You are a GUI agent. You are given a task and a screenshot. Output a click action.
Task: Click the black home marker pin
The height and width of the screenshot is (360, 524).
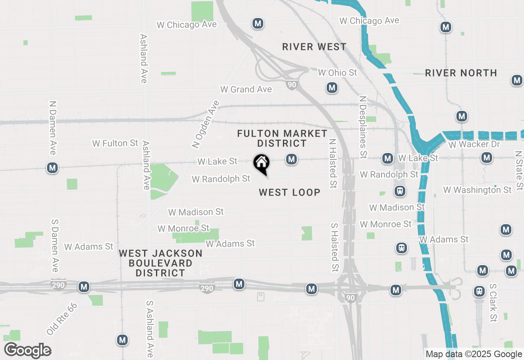coord(261,164)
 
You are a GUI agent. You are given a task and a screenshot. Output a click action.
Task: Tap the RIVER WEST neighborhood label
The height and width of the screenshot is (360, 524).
coord(314,47)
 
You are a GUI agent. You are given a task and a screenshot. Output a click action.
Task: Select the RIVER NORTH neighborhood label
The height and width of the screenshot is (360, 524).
coord(461,73)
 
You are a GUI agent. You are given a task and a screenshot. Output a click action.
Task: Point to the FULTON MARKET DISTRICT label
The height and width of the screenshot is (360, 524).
coord(282,138)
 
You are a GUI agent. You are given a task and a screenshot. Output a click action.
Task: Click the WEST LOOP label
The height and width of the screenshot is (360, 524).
coord(289,192)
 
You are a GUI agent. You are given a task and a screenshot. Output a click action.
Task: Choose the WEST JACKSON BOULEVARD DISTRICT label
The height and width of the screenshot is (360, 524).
coord(160,263)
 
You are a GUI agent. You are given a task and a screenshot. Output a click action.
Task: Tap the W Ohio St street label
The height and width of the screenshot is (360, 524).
coord(338,73)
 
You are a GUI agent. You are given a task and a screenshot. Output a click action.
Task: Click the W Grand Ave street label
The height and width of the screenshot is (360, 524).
coord(246,89)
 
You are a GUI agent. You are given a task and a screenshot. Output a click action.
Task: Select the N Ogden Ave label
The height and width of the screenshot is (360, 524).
coord(206,124)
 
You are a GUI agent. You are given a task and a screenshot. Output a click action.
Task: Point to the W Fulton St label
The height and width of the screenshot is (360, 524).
coord(115,143)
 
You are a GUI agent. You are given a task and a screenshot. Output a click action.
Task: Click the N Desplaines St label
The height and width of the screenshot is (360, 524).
coord(363,127)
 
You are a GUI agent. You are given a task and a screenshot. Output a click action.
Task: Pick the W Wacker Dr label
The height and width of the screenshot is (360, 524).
coord(474,144)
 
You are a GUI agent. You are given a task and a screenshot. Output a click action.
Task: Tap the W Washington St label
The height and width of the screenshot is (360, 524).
coord(477,190)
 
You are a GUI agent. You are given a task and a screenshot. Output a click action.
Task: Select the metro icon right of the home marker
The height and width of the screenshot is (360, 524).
coord(291,159)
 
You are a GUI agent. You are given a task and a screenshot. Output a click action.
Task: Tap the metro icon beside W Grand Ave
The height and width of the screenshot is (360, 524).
coord(332,88)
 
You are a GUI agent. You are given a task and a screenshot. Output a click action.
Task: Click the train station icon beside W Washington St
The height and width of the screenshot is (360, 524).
coord(400,191)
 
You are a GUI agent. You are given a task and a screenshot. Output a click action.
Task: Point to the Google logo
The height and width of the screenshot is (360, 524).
coord(27,350)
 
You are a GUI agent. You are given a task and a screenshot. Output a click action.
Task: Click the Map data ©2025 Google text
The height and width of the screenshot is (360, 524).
coord(474,354)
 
